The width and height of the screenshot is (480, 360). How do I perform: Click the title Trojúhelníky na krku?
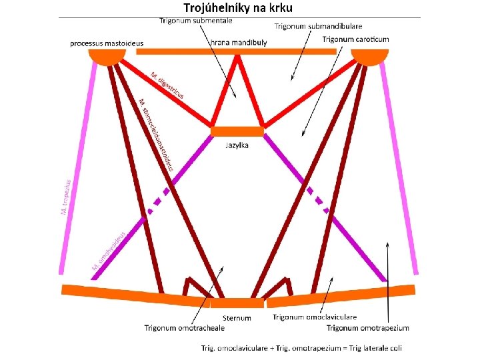[x=239, y=8]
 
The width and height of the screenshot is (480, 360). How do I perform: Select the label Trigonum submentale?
[x=196, y=21]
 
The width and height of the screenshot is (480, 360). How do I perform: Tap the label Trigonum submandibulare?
[x=319, y=26]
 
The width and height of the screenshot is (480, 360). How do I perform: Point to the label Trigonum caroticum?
[x=356, y=39]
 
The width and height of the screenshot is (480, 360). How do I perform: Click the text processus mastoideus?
[x=107, y=43]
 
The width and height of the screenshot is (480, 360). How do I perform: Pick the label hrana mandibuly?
[x=238, y=43]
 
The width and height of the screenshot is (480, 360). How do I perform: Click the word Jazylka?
[x=237, y=145]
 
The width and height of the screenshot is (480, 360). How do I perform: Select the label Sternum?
[x=237, y=317]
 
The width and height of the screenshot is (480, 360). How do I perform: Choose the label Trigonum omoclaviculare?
[x=315, y=317]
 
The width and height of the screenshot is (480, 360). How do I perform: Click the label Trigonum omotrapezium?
[x=368, y=327]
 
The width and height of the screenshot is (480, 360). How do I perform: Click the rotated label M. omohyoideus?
[x=109, y=250]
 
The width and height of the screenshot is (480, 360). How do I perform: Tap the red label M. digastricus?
[x=167, y=85]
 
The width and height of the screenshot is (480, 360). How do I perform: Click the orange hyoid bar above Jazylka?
[x=237, y=131]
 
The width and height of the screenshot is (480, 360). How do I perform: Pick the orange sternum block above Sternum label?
[x=237, y=303]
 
